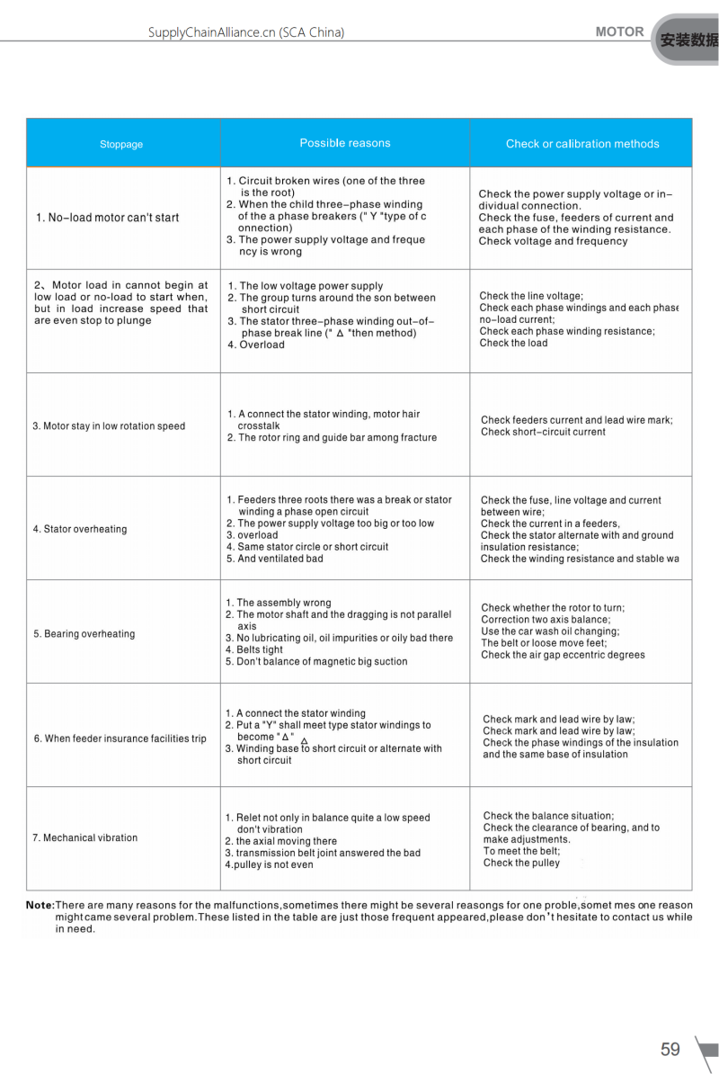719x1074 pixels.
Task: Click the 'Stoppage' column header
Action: [x=121, y=144]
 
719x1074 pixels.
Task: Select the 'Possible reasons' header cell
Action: [x=345, y=143]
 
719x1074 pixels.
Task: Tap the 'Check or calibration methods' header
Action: [x=581, y=144]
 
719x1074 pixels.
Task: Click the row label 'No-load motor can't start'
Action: [x=108, y=218]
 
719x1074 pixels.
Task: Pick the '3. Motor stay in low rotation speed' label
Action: [x=109, y=426]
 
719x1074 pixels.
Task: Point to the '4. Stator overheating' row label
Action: [x=80, y=529]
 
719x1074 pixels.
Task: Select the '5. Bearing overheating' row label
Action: [x=84, y=634]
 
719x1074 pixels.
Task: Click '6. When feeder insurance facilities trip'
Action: [x=120, y=738]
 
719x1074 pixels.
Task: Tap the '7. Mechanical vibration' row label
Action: [x=85, y=837]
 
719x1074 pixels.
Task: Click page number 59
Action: [x=670, y=1049]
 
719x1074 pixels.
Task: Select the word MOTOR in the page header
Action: [x=619, y=31]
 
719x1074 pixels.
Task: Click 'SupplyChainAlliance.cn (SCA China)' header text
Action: [x=246, y=32]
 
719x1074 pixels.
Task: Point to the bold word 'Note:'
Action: [x=40, y=905]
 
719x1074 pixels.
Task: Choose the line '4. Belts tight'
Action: [x=254, y=649]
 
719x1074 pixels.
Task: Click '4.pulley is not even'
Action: [x=269, y=864]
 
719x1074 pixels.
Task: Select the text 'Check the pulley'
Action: [x=521, y=863]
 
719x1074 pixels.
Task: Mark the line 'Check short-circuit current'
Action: [x=543, y=432]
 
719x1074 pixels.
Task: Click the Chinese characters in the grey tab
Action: [x=689, y=40]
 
